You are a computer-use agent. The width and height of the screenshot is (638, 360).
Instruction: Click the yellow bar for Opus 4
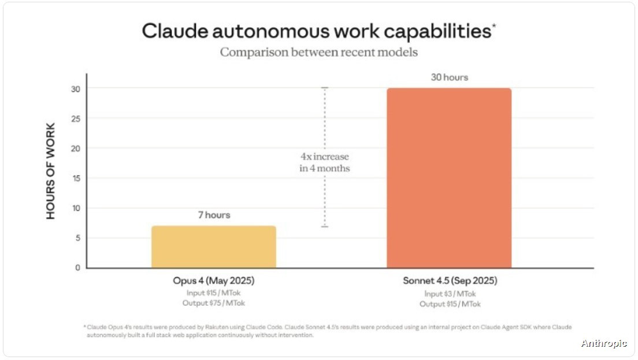pyautogui.click(x=214, y=247)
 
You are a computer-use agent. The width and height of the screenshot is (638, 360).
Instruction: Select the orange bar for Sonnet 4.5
pyautogui.click(x=449, y=178)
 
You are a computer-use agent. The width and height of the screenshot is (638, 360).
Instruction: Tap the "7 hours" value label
pyautogui.click(x=214, y=215)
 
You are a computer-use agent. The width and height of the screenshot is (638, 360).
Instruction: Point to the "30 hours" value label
pyautogui.click(x=448, y=77)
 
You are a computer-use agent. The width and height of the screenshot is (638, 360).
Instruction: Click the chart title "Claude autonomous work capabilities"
pyautogui.click(x=316, y=31)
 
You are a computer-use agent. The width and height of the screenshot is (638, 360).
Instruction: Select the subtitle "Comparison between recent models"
pyautogui.click(x=318, y=52)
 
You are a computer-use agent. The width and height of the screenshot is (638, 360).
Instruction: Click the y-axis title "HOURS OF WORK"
pyautogui.click(x=51, y=171)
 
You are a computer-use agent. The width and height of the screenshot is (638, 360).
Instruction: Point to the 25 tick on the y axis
pyautogui.click(x=76, y=118)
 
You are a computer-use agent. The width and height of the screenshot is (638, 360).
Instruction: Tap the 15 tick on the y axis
pyautogui.click(x=76, y=178)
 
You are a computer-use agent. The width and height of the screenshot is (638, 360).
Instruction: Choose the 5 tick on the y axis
pyautogui.click(x=77, y=238)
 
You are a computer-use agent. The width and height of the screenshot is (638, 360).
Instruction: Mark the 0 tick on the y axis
pyautogui.click(x=77, y=268)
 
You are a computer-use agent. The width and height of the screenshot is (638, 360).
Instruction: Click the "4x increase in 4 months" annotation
pyautogui.click(x=324, y=162)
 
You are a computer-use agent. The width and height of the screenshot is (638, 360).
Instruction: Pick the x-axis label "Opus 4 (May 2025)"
pyautogui.click(x=214, y=281)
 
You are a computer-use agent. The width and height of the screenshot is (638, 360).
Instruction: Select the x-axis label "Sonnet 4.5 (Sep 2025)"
pyautogui.click(x=450, y=281)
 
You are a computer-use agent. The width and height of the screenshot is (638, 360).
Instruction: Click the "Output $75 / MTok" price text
pyautogui.click(x=213, y=303)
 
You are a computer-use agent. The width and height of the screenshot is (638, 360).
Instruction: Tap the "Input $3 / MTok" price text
pyautogui.click(x=450, y=294)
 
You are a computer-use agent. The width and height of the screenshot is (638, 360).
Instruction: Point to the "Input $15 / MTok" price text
pyautogui.click(x=213, y=293)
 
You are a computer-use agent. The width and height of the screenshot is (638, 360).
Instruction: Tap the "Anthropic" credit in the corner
pyautogui.click(x=603, y=343)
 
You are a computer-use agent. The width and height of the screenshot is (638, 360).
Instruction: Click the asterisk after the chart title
pyautogui.click(x=494, y=25)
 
